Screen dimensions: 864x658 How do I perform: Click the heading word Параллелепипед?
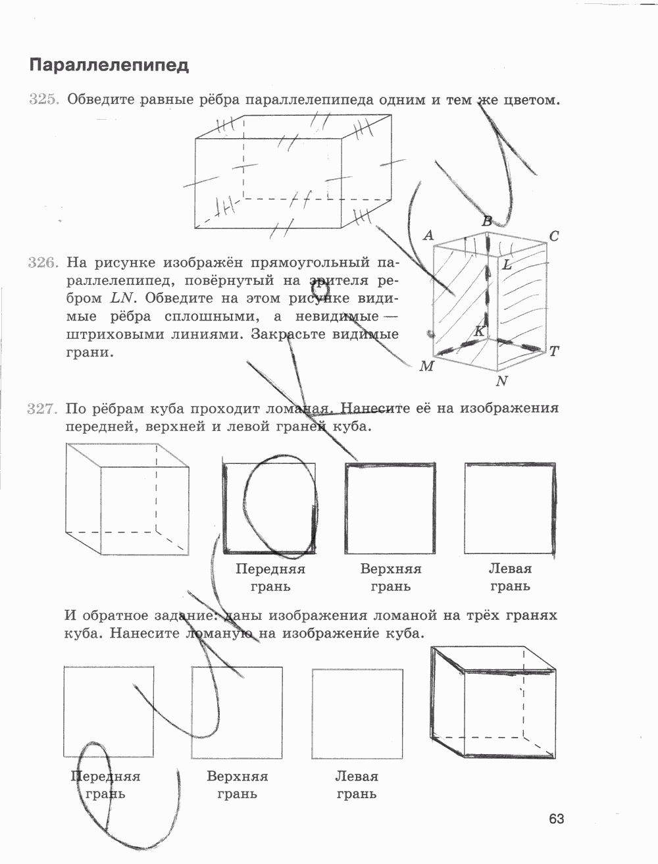[109, 65]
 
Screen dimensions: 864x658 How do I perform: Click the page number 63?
[557, 819]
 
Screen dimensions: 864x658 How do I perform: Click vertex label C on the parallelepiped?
[554, 236]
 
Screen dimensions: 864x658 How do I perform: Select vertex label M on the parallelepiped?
[426, 366]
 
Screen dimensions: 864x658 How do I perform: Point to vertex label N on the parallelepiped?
[502, 381]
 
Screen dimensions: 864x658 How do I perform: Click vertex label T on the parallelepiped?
[554, 351]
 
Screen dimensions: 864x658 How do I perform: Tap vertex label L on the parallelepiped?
[507, 265]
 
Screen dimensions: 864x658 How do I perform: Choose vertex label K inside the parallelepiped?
[480, 331]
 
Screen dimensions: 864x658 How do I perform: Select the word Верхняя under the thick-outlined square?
[391, 569]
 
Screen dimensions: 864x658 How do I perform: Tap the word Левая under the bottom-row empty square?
[357, 776]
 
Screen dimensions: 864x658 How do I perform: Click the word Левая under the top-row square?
[510, 569]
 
